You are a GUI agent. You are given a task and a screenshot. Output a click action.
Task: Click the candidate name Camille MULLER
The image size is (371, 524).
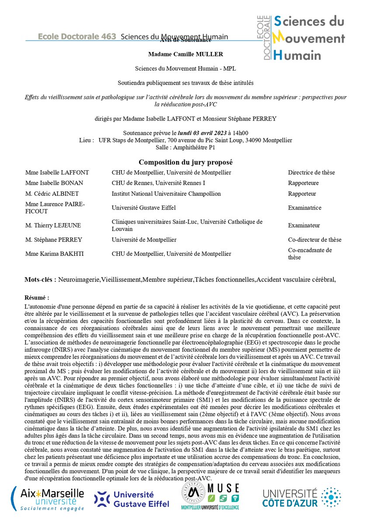(186, 54)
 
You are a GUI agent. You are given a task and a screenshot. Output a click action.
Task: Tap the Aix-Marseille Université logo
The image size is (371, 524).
(52, 499)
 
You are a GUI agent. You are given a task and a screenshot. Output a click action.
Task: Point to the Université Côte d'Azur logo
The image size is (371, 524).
(302, 498)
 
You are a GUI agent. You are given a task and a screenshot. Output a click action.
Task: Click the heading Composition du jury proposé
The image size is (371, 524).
(185, 162)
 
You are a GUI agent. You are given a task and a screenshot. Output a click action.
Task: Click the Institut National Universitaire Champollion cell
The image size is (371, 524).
(166, 193)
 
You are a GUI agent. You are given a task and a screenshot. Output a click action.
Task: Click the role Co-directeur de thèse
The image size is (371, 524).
(315, 240)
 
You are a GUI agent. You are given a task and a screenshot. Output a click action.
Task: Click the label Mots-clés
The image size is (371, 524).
(40, 279)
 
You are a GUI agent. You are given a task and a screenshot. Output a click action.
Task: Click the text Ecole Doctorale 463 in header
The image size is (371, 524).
(77, 37)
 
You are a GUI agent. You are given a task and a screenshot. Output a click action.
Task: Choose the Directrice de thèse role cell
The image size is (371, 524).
(311, 172)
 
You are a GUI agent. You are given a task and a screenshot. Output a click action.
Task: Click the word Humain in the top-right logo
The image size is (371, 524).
(297, 55)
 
